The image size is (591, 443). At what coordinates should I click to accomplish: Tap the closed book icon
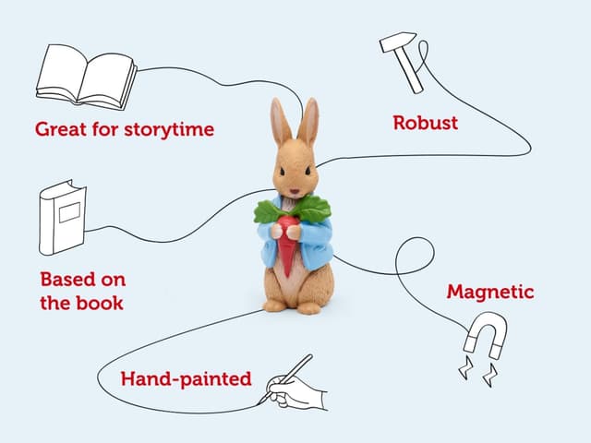point(62,218)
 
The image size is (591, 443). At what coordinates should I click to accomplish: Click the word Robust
point(425,122)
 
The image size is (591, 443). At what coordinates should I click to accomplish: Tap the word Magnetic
point(490,292)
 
